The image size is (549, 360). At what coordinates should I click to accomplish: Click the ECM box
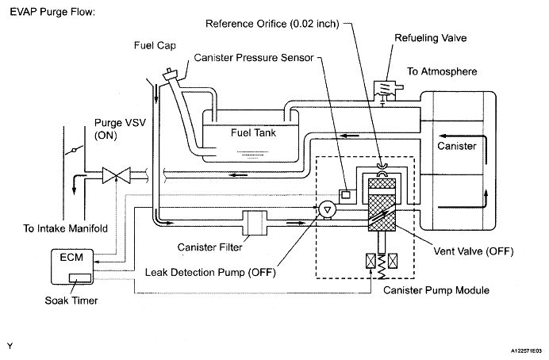pyautogui.click(x=72, y=266)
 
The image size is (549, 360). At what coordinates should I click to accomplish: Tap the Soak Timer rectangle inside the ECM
pyautogui.click(x=80, y=278)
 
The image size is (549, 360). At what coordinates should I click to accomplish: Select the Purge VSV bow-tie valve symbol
pyautogui.click(x=117, y=175)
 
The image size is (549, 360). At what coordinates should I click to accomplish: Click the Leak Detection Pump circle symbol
pyautogui.click(x=328, y=210)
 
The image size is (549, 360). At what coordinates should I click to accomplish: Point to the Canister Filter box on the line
pyautogui.click(x=255, y=223)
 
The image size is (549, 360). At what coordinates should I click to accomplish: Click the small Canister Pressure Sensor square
pyautogui.click(x=346, y=194)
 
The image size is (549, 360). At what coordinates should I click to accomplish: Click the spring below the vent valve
pyautogui.click(x=382, y=267)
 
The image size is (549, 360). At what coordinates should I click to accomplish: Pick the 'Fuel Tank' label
pyautogui.click(x=253, y=132)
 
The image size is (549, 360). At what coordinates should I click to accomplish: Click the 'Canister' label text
pyautogui.click(x=456, y=146)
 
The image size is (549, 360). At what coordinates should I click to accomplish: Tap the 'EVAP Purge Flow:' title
pyautogui.click(x=52, y=12)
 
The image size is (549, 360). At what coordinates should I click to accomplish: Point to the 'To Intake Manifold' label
pyautogui.click(x=66, y=228)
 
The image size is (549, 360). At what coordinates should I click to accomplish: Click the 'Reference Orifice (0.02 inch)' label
pyautogui.click(x=272, y=24)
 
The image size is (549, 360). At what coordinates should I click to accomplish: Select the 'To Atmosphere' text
pyautogui.click(x=442, y=71)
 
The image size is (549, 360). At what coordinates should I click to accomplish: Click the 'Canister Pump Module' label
pyautogui.click(x=436, y=290)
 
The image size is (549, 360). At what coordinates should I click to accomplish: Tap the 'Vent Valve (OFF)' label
pyautogui.click(x=474, y=251)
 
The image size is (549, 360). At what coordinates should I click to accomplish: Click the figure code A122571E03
pyautogui.click(x=525, y=350)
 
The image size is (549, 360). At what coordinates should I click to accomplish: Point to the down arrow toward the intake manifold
pyautogui.click(x=75, y=184)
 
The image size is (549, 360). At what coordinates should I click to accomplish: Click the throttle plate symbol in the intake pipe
pyautogui.click(x=74, y=151)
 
